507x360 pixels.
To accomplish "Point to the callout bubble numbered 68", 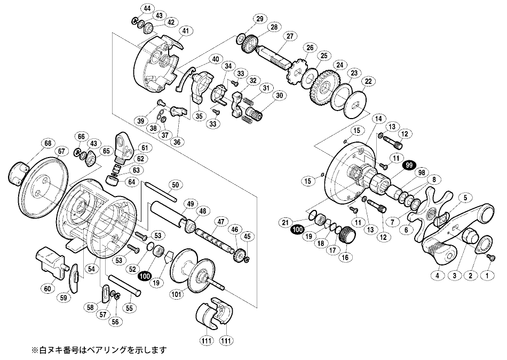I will click(x=49, y=143).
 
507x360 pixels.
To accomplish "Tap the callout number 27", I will click(x=290, y=36).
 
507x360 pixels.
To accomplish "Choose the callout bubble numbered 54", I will click(x=92, y=271).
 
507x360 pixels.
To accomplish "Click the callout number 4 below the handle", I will click(x=437, y=276).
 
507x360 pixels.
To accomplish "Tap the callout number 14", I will click(x=379, y=118).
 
